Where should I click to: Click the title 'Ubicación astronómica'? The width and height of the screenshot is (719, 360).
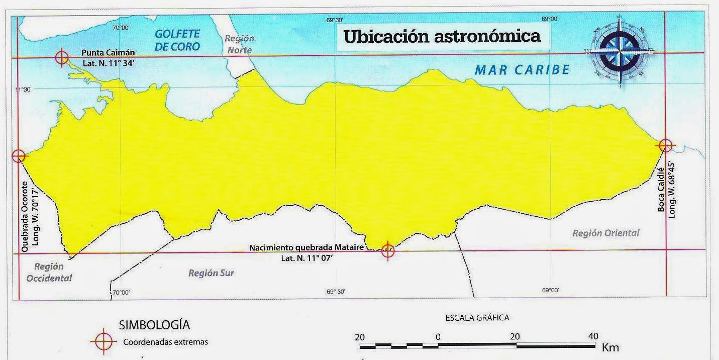tap(442, 37)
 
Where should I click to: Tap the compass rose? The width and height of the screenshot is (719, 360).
tap(620, 51)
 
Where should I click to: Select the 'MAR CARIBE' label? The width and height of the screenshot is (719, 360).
tap(522, 70)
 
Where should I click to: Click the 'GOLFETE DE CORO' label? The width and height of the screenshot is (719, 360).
tap(177, 40)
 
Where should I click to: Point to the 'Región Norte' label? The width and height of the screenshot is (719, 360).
tap(239, 44)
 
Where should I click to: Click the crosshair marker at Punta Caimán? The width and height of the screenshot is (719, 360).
tap(61, 58)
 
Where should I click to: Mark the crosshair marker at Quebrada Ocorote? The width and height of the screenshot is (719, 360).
tap(19, 156)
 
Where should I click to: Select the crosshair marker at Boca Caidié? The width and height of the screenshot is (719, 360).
tap(665, 145)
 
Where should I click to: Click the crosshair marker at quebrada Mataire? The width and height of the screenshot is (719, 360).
tap(387, 250)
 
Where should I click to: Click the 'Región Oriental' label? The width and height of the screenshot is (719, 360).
tap(606, 233)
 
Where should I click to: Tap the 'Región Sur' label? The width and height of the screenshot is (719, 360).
tap(211, 273)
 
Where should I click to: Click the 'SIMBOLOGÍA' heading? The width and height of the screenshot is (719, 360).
tap(154, 325)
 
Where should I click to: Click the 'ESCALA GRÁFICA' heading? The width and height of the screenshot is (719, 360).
tap(477, 318)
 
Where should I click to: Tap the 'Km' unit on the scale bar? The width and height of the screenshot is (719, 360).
tap(611, 347)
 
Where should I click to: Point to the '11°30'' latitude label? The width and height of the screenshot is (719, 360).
tap(23, 89)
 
